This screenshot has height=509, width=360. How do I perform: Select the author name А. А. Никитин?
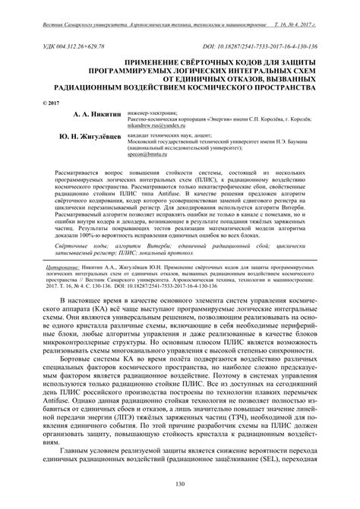tap(99, 112)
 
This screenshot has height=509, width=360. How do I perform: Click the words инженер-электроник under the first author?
tap(157, 111)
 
